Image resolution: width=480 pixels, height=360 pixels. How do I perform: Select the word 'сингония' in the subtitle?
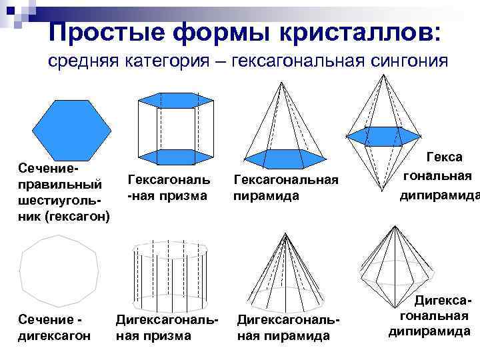click(405, 61)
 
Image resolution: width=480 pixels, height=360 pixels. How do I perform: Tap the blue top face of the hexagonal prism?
click(173, 99)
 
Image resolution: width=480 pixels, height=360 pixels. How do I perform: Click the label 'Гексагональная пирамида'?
click(286, 188)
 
